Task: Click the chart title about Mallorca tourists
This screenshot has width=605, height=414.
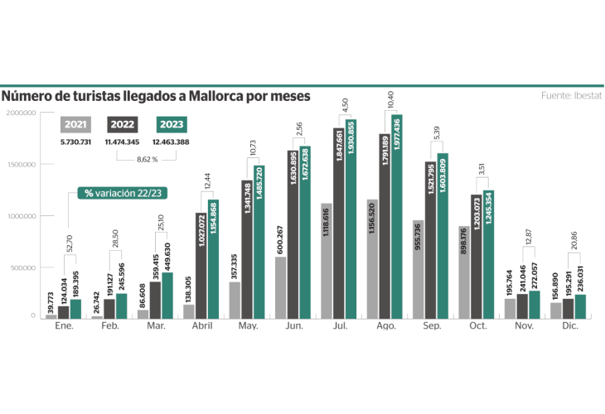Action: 156,97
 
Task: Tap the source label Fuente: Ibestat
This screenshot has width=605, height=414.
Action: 571,96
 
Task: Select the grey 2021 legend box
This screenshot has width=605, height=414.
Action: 75,124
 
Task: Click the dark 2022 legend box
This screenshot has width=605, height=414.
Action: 123,124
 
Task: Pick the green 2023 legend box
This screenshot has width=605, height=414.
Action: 171,124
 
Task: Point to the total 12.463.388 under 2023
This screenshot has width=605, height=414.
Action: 171,142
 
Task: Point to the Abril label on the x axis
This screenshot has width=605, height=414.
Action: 201,326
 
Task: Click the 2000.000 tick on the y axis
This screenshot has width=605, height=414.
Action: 21,113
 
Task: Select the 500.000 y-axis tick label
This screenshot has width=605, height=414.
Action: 21,267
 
